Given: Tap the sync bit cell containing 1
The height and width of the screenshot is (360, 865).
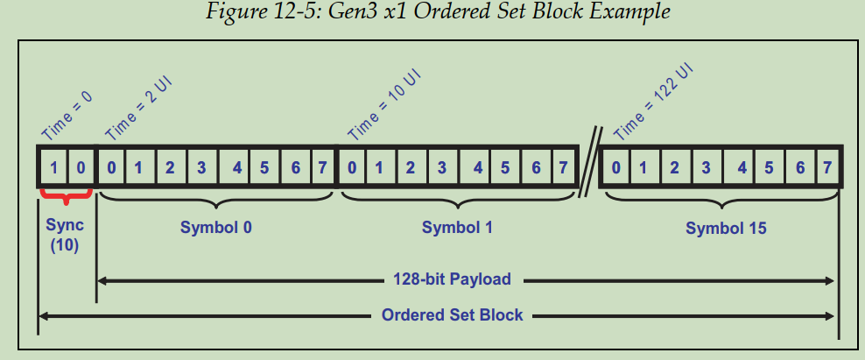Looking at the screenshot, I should (55, 166).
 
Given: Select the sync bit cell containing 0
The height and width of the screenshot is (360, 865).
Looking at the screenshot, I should (80, 166).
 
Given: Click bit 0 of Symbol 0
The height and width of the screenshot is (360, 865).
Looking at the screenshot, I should (110, 166).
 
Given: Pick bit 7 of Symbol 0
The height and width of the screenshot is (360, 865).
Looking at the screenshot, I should (321, 166).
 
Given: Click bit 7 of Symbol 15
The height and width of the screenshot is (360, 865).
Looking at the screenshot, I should (825, 166).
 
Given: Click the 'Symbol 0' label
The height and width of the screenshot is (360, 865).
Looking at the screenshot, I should (216, 228).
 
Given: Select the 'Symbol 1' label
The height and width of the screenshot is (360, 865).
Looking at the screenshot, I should (457, 228).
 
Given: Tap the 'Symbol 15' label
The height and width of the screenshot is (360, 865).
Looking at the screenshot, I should (726, 229).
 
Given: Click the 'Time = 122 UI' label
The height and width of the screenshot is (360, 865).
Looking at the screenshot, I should (653, 102).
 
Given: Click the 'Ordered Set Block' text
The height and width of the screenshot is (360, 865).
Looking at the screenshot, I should (453, 314).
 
